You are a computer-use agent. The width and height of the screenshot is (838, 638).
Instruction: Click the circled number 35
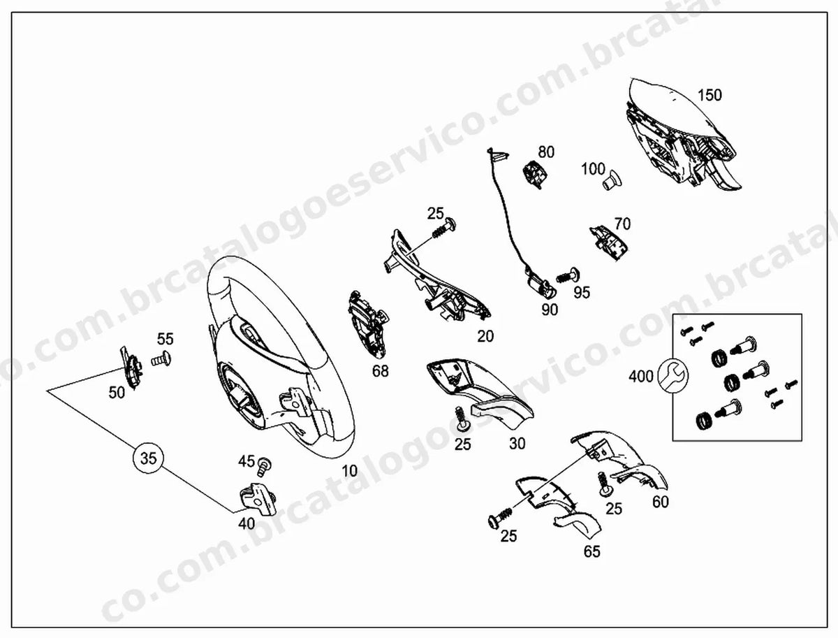[149, 458]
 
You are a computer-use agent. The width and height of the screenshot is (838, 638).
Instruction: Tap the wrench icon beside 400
[672, 376]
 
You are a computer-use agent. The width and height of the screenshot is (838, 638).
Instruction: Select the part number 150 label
[710, 95]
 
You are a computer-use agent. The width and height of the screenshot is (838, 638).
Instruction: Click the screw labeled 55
[161, 358]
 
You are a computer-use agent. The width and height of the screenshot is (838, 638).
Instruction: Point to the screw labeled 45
[264, 466]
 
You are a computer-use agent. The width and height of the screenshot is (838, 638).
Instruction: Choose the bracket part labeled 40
[258, 498]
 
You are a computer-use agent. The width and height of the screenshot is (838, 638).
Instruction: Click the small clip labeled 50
[131, 368]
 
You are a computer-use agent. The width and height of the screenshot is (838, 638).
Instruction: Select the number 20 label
[485, 336]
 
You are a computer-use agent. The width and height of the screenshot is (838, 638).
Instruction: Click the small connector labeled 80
[534, 174]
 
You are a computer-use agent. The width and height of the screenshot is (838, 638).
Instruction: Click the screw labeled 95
[568, 275]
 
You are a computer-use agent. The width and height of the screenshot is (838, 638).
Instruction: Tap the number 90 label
[550, 310]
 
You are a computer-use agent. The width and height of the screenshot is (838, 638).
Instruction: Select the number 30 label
[517, 444]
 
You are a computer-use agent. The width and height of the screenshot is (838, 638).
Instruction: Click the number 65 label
[591, 551]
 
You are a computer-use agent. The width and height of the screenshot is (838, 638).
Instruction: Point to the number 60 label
[661, 502]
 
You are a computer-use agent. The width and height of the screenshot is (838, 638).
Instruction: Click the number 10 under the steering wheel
[349, 471]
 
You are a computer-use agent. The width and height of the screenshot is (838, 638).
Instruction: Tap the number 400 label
[641, 377]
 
